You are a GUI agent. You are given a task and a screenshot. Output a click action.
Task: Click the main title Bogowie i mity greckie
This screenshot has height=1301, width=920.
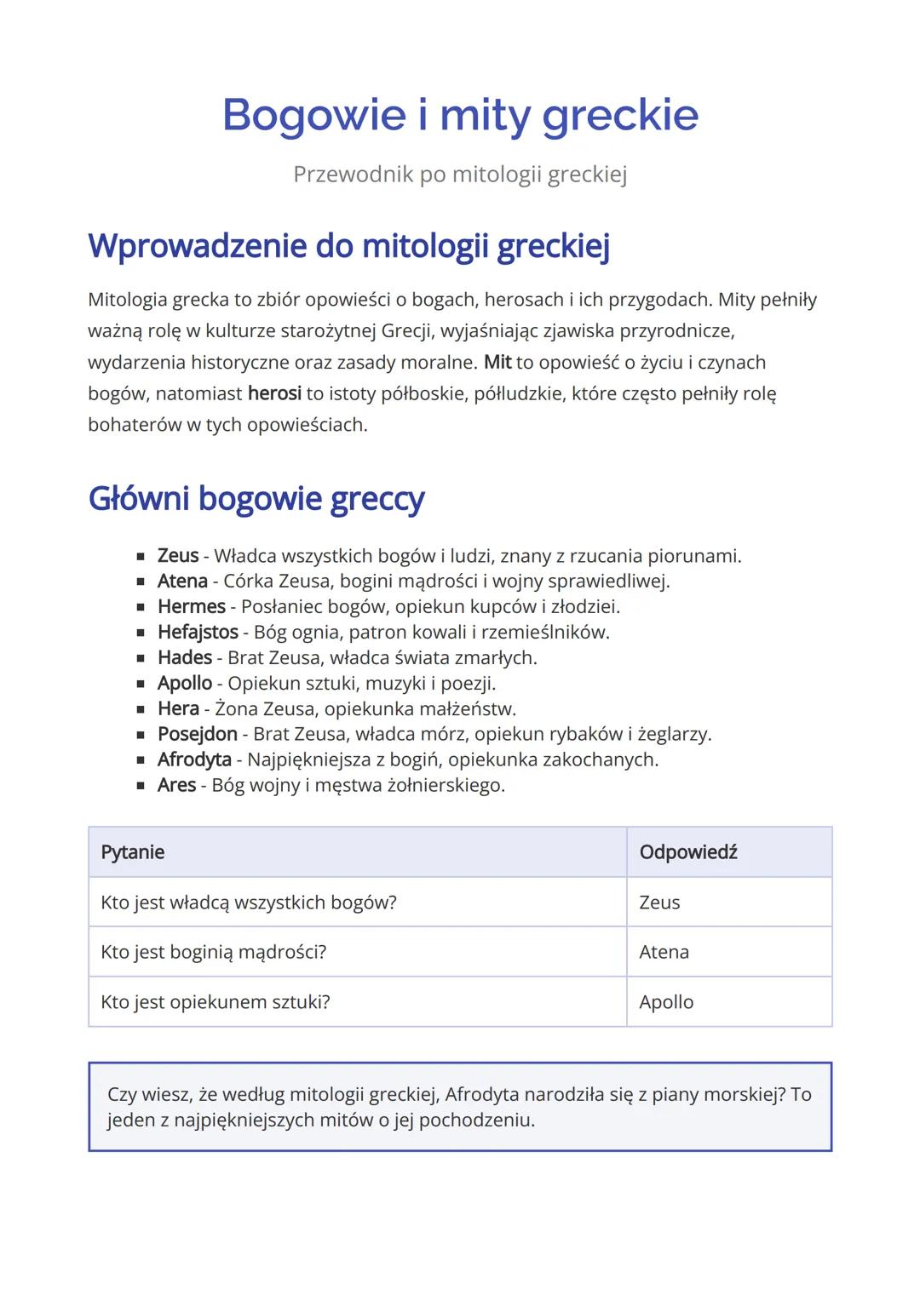(460, 115)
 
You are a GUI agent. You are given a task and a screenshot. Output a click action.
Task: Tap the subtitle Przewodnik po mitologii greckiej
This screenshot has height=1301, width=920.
(460, 175)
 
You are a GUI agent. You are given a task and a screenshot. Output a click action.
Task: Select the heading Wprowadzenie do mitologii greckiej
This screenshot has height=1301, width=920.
(348, 246)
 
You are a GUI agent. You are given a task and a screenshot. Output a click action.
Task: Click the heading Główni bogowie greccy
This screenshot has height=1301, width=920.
(256, 499)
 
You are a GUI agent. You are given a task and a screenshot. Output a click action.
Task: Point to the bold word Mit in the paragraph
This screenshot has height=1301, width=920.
(497, 363)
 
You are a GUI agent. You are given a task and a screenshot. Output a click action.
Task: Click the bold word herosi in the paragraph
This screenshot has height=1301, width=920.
(274, 394)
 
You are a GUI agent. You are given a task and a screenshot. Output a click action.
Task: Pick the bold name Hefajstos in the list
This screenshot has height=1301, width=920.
(198, 633)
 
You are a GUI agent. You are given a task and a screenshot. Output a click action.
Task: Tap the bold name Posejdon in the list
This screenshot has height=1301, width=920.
(198, 734)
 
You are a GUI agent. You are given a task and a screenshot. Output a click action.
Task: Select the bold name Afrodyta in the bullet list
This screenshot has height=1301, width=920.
(194, 759)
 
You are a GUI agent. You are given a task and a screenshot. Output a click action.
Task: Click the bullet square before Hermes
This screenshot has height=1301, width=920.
(141, 608)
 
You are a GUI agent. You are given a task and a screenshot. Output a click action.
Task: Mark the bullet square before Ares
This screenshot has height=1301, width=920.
(141, 786)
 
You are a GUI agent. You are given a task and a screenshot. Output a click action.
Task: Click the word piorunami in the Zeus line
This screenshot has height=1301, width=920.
(693, 557)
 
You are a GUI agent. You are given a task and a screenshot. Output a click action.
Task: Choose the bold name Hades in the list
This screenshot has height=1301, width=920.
(185, 658)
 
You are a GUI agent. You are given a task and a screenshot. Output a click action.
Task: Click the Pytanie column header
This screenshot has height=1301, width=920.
(133, 852)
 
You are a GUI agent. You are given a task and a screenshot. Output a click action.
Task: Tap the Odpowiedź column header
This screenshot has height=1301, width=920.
(688, 852)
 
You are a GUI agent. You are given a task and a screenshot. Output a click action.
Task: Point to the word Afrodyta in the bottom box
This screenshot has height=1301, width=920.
(481, 1095)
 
